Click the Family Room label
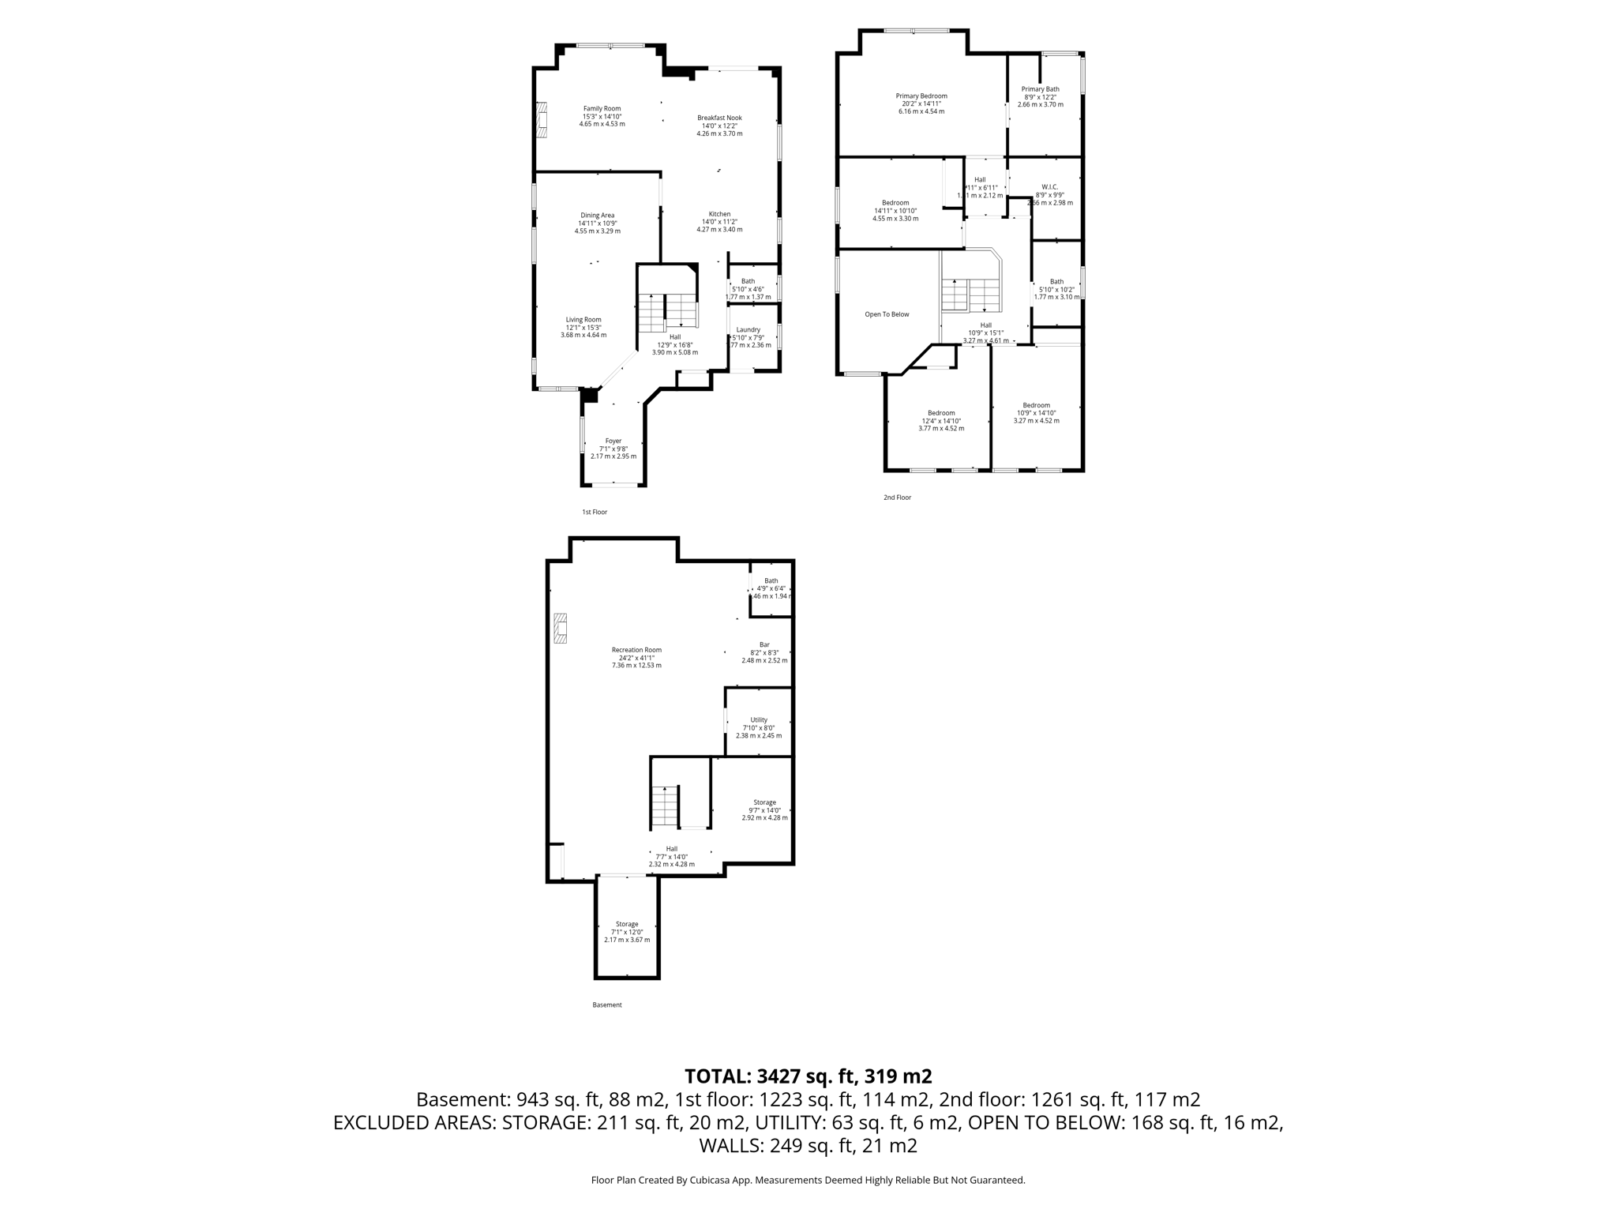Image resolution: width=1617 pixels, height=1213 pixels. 602,109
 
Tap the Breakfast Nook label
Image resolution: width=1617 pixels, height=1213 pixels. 719,118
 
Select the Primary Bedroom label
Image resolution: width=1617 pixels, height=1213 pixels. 921,96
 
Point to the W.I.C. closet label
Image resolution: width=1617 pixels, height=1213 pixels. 1049,187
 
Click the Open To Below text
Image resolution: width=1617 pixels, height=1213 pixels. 887,314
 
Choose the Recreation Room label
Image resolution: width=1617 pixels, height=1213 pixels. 636,650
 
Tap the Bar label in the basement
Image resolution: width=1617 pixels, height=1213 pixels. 764,645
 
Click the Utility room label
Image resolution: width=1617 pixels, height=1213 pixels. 759,720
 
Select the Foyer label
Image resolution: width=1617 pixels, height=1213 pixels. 613,441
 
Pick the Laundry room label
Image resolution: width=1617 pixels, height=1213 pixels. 748,330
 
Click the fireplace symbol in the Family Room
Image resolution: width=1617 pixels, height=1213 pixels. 542,120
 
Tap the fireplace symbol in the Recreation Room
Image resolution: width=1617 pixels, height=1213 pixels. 560,629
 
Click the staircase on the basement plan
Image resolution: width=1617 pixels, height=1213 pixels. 665,806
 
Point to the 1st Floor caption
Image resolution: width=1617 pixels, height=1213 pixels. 595,513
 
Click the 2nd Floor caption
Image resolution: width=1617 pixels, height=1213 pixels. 897,498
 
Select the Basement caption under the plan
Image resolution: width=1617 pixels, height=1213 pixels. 607,1005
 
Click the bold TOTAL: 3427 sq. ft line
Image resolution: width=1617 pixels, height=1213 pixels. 808,1076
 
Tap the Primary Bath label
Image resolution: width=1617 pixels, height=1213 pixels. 1040,89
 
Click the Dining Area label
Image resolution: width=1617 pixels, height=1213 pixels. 597,216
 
